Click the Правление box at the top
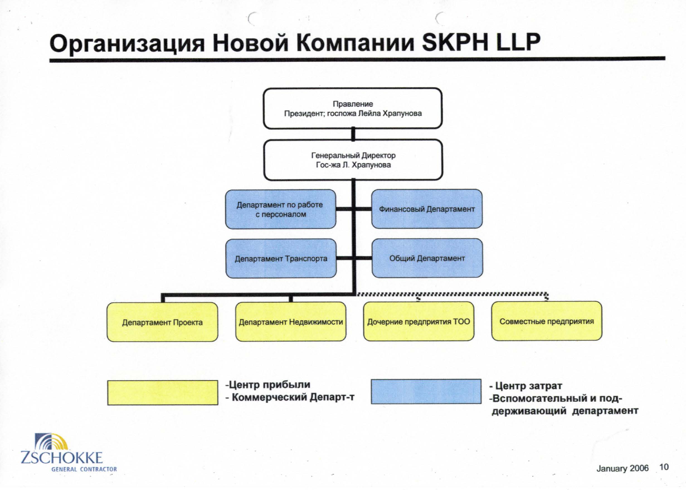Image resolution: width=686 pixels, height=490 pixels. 353,108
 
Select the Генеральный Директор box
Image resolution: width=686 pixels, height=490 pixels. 353,160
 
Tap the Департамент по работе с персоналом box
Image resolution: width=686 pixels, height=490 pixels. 281,209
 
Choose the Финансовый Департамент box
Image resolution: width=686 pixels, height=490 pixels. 427,209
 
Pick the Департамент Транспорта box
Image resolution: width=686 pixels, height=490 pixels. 281,258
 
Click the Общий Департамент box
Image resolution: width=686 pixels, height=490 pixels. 427,258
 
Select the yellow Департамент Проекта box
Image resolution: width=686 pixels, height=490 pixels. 162,322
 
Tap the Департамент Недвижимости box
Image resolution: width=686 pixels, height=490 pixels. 291,322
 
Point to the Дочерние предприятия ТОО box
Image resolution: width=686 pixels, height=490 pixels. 419,321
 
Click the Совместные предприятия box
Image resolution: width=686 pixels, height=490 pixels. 547,321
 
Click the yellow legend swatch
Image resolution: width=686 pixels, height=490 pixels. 163,393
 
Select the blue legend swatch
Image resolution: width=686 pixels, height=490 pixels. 426,392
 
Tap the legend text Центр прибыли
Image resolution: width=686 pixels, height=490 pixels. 268,385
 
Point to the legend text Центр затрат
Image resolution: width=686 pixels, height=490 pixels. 526,386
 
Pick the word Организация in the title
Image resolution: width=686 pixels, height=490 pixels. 127,44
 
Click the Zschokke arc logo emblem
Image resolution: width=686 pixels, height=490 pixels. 51,442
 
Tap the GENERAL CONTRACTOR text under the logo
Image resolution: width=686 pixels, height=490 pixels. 84,469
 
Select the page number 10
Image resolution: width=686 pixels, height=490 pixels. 664,467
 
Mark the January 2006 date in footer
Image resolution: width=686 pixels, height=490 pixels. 622,468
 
